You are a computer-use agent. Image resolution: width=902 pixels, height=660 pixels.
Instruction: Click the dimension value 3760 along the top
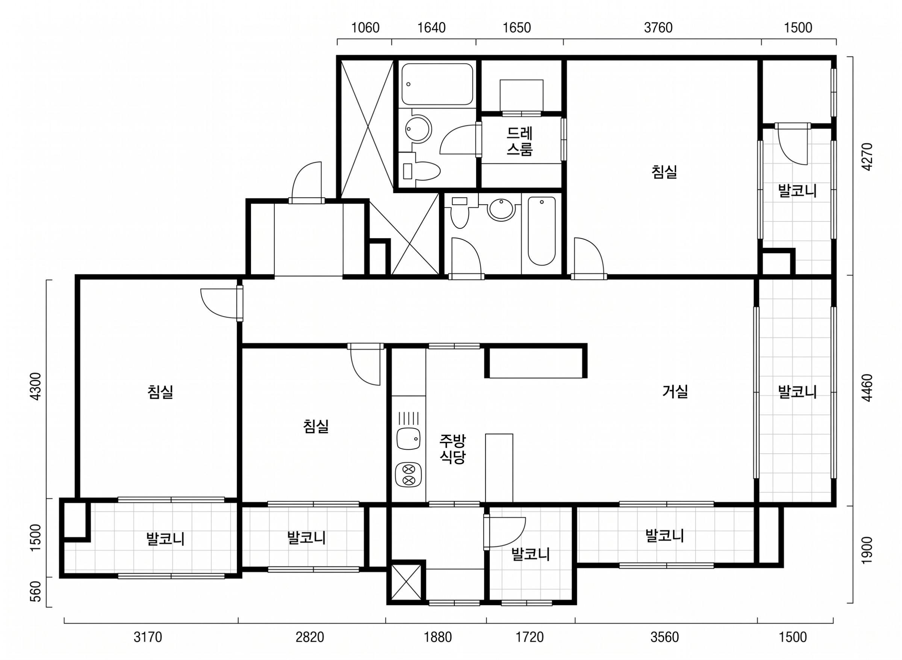click(x=658, y=27)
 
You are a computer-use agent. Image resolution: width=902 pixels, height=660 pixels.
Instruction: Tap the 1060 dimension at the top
click(x=365, y=27)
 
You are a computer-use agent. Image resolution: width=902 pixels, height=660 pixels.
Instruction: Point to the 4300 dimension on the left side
click(x=36, y=386)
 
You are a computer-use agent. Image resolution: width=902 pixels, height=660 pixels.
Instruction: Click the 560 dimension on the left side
click(x=36, y=592)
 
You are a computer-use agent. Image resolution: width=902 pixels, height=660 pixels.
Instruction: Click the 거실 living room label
click(x=675, y=391)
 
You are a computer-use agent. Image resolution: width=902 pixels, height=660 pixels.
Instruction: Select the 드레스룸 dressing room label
click(x=519, y=140)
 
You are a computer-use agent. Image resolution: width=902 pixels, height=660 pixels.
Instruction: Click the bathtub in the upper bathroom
click(x=437, y=84)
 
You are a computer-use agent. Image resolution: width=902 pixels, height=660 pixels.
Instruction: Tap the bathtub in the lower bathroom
click(x=542, y=231)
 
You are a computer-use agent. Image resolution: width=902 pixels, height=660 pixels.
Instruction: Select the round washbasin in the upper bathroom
click(x=418, y=128)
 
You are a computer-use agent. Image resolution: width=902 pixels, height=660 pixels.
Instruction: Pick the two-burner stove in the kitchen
click(x=408, y=475)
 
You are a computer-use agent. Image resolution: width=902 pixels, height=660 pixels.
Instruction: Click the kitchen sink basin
click(x=408, y=439)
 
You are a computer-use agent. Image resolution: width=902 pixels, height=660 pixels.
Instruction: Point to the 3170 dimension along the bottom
click(x=148, y=637)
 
